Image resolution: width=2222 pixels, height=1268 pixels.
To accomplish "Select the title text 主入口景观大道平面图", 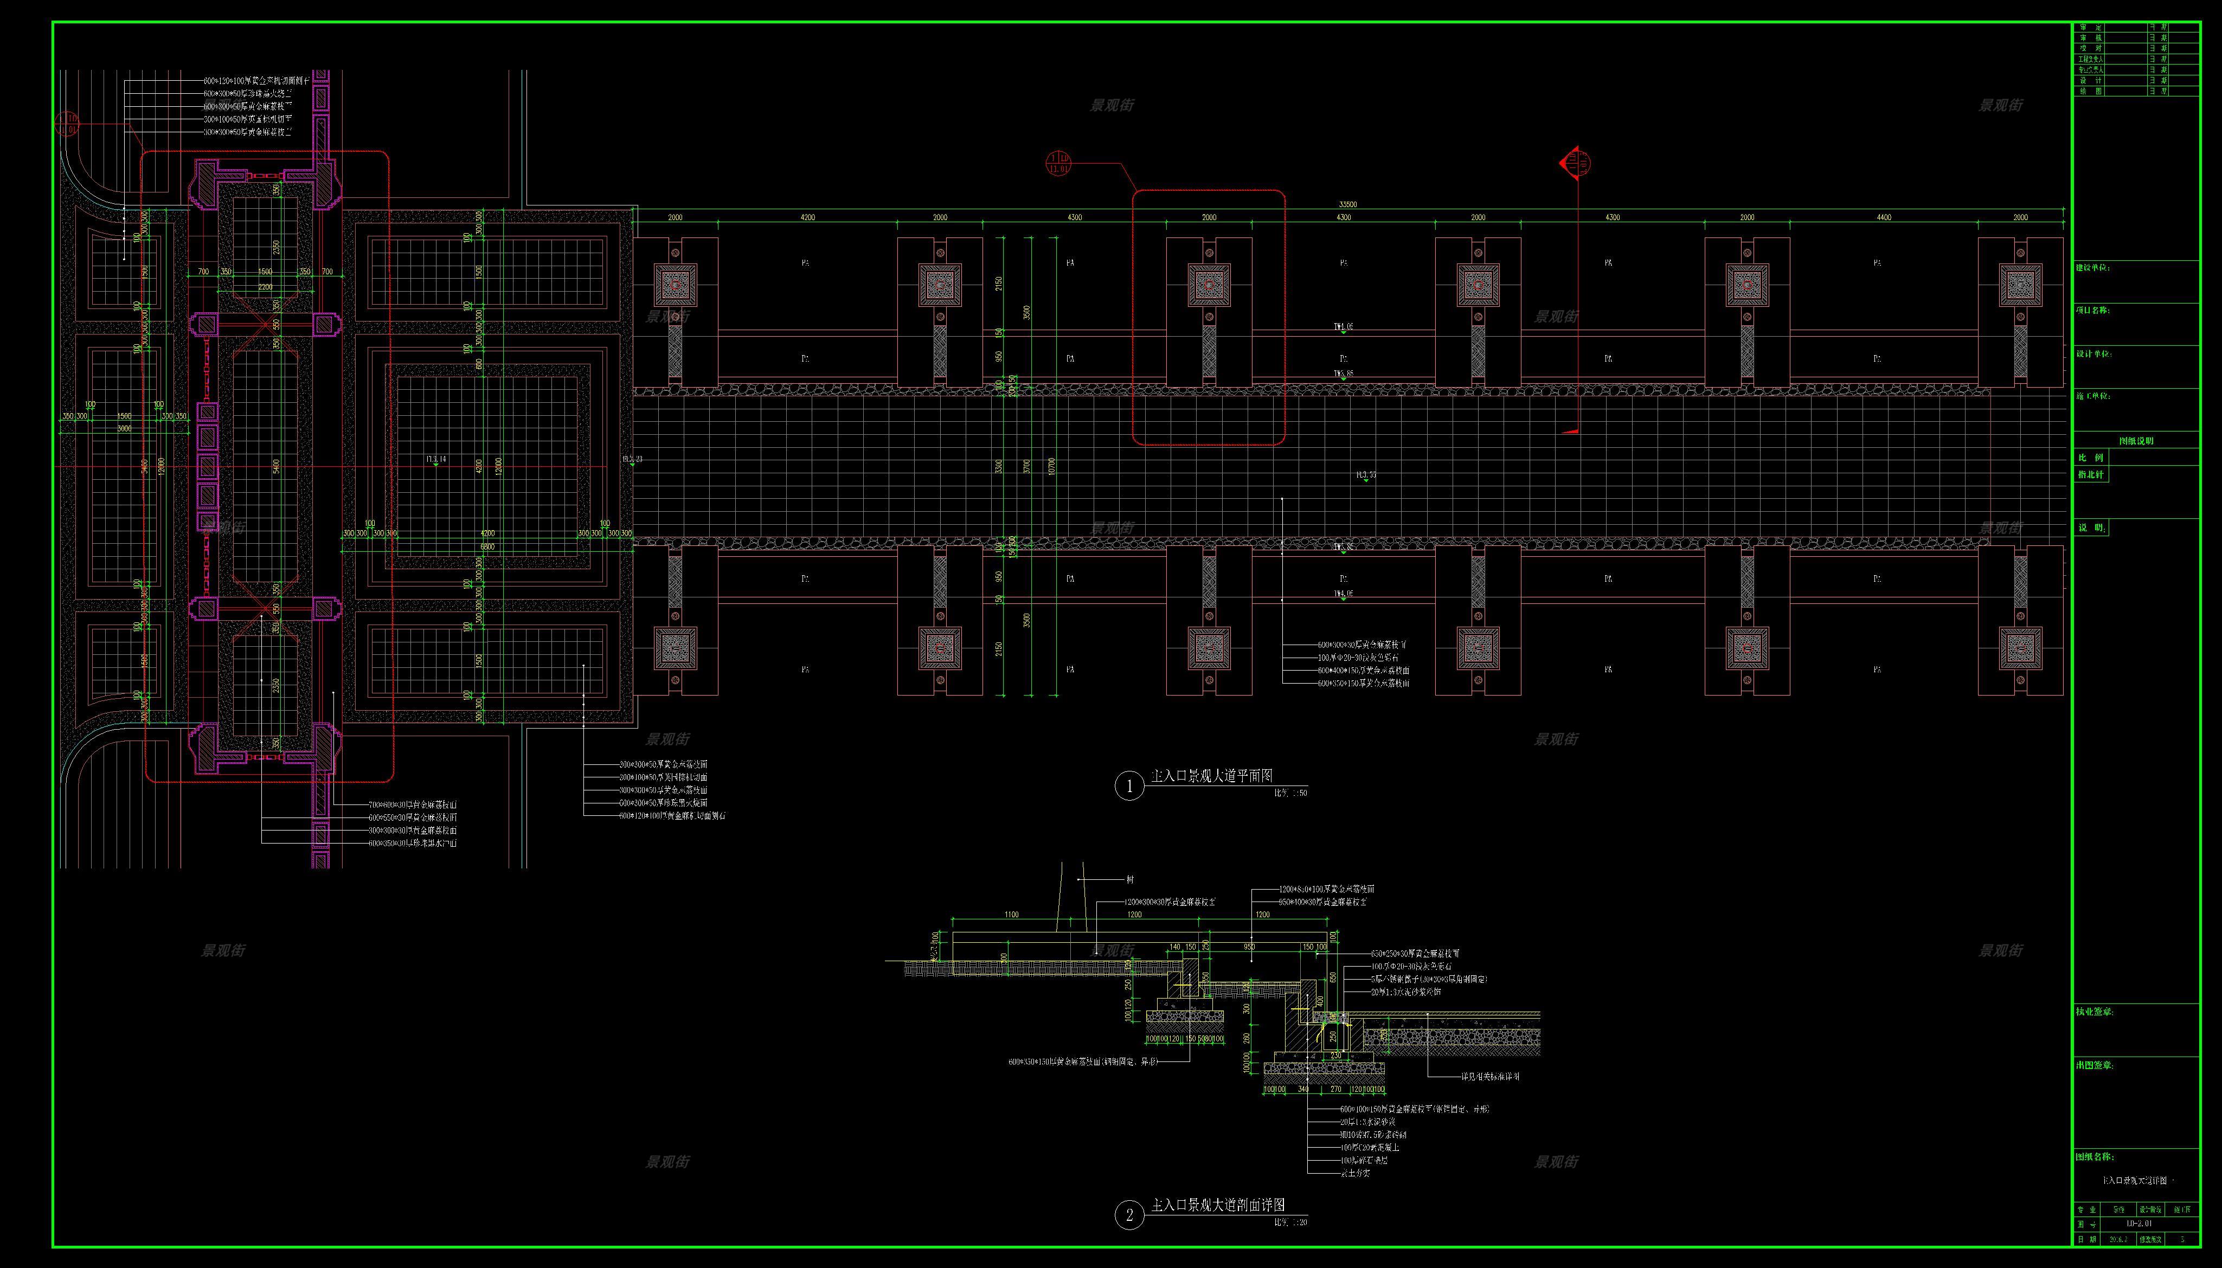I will point(1212,775).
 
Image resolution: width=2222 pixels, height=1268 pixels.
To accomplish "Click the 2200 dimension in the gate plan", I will point(265,287).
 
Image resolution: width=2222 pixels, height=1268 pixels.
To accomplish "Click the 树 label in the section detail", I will point(1130,880).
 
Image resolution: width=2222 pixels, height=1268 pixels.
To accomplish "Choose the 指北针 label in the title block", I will point(2091,475).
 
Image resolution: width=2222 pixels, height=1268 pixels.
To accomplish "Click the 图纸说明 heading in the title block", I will point(2136,441).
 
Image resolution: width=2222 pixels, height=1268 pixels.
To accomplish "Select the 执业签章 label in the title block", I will point(2095,1012).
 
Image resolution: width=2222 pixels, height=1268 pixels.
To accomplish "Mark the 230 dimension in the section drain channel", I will point(1336,1054).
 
